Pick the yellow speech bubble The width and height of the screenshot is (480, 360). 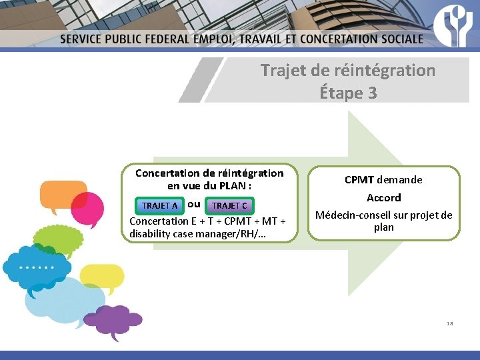point(101,276)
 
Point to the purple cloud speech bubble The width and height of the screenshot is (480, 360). point(109,320)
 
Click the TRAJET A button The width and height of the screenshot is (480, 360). point(159,205)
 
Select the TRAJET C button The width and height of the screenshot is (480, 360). point(229,205)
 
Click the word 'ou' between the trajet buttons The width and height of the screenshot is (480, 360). point(194,204)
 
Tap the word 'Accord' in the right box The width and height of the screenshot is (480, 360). point(383,197)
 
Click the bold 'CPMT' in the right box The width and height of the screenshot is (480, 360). point(359,179)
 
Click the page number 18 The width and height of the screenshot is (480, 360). point(450,323)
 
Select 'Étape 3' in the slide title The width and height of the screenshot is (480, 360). point(348,93)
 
